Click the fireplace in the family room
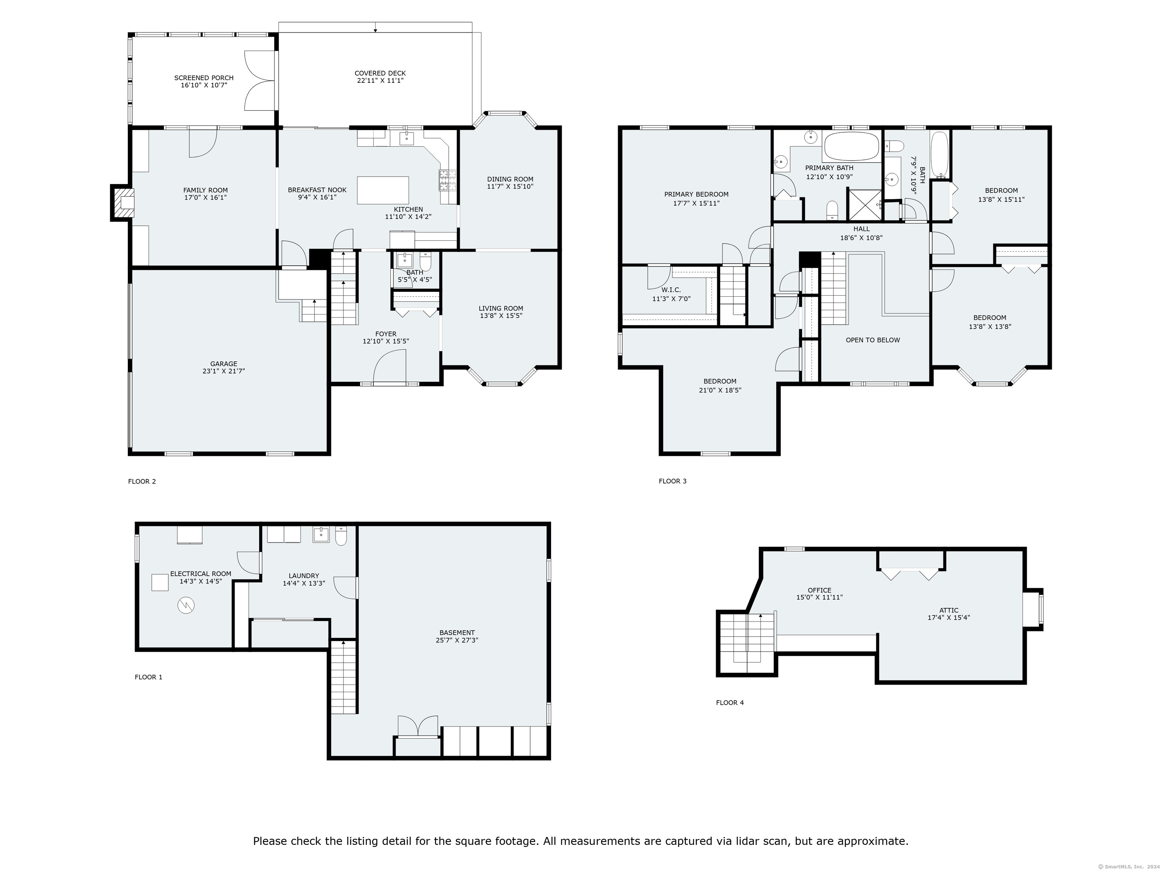[121, 203]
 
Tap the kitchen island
[383, 190]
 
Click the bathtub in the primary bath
[851, 146]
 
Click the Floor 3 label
[673, 481]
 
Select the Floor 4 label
[730, 702]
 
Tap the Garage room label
[224, 363]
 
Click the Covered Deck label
[380, 73]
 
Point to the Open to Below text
[873, 340]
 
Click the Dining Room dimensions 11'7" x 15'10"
[510, 186]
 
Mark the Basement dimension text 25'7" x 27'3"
[457, 640]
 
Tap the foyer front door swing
[389, 367]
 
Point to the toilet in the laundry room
[341, 536]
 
